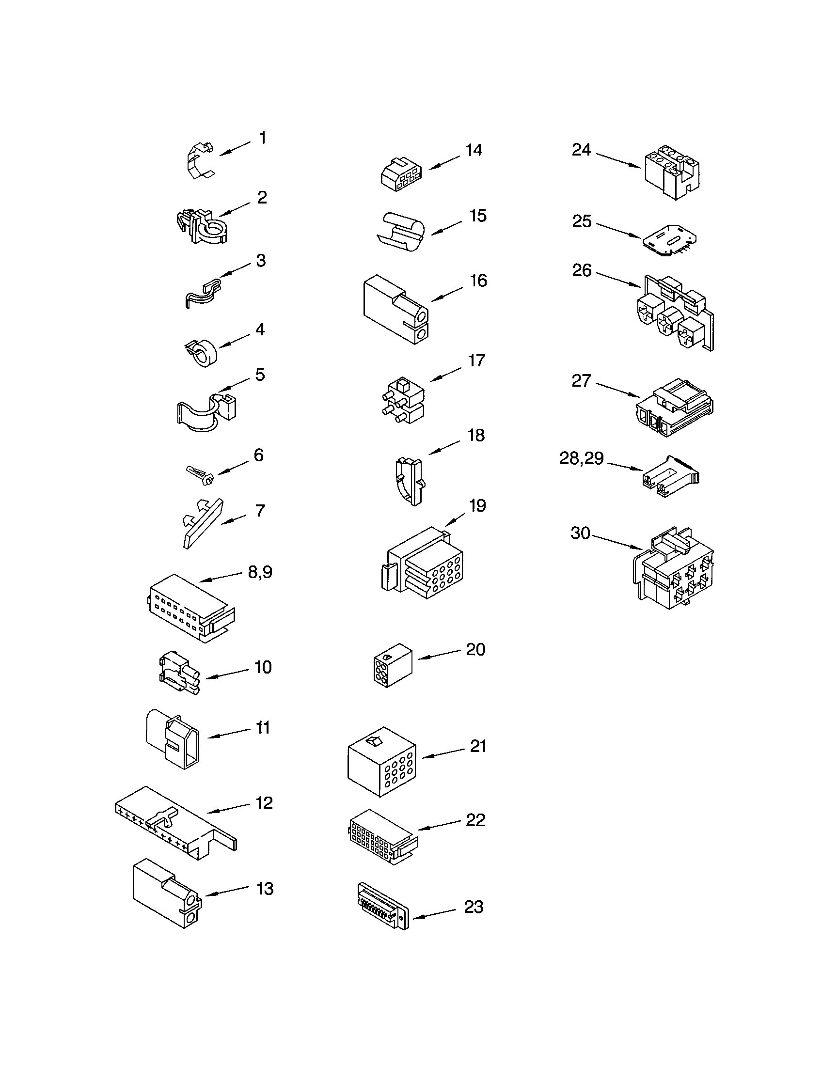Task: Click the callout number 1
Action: [x=263, y=138]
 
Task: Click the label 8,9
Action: [x=260, y=572]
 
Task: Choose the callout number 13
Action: [x=265, y=889]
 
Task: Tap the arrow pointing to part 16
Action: [x=447, y=294]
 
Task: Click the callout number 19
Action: [x=477, y=506]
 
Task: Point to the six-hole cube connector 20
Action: [x=392, y=664]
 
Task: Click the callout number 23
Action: [x=473, y=907]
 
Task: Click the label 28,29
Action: [x=581, y=458]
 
